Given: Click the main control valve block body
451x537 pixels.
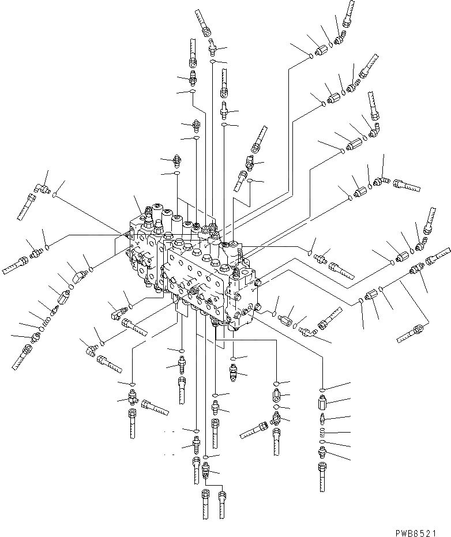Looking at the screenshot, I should pyautogui.click(x=196, y=265).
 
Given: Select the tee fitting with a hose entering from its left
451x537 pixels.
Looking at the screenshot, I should pyautogui.click(x=276, y=421).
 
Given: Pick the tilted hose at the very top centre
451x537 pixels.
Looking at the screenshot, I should pyautogui.click(x=204, y=23).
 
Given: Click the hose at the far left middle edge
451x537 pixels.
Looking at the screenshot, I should pyautogui.click(x=14, y=267).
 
